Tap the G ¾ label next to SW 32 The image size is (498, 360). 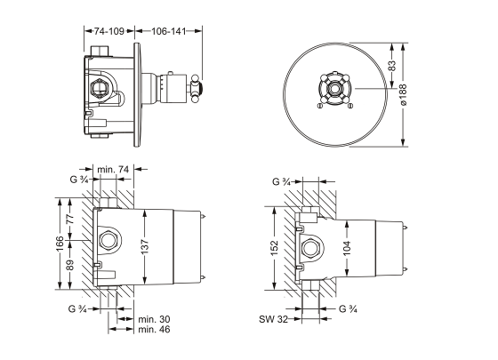(x=349, y=309)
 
